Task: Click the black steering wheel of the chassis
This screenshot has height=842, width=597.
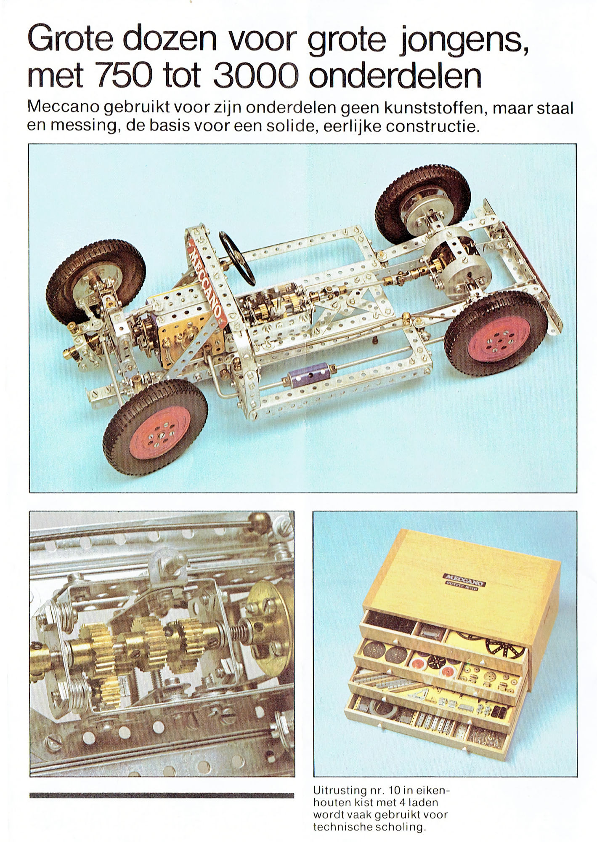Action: [237, 258]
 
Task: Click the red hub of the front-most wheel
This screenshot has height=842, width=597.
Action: [160, 432]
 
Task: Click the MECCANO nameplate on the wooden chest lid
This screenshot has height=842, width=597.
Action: [464, 579]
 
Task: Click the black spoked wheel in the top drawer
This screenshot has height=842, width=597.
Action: [505, 645]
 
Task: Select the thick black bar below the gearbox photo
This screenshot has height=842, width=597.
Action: [162, 795]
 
